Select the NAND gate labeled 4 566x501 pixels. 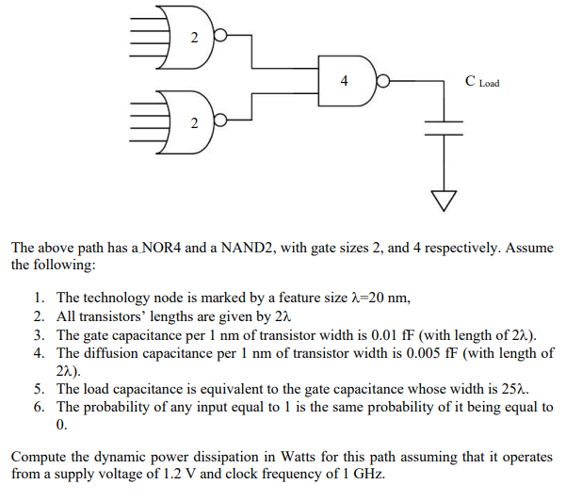(347, 81)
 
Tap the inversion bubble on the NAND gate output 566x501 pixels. (383, 81)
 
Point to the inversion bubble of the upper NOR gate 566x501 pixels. (221, 37)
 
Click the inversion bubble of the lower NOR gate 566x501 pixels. (221, 121)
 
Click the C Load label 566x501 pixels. (482, 82)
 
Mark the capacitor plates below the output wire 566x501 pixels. (443, 127)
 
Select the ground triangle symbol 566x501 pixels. (443, 199)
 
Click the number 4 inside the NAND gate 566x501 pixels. (344, 81)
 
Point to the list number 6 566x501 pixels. (38, 407)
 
